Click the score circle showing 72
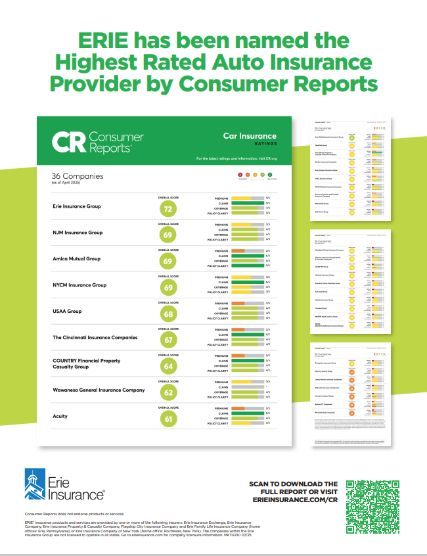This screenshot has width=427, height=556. click(168, 209)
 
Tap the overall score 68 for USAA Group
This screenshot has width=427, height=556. click(168, 314)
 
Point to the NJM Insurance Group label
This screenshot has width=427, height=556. click(78, 233)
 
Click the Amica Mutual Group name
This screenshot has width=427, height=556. click(76, 259)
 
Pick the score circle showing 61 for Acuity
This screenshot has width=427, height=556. click(168, 419)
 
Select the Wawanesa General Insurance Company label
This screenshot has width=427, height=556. click(99, 390)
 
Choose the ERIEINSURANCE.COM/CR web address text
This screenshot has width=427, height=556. click(295, 500)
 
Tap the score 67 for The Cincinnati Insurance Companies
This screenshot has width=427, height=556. click(168, 340)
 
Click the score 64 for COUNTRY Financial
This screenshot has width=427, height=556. click(168, 367)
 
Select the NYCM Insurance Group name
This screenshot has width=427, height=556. click(79, 285)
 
